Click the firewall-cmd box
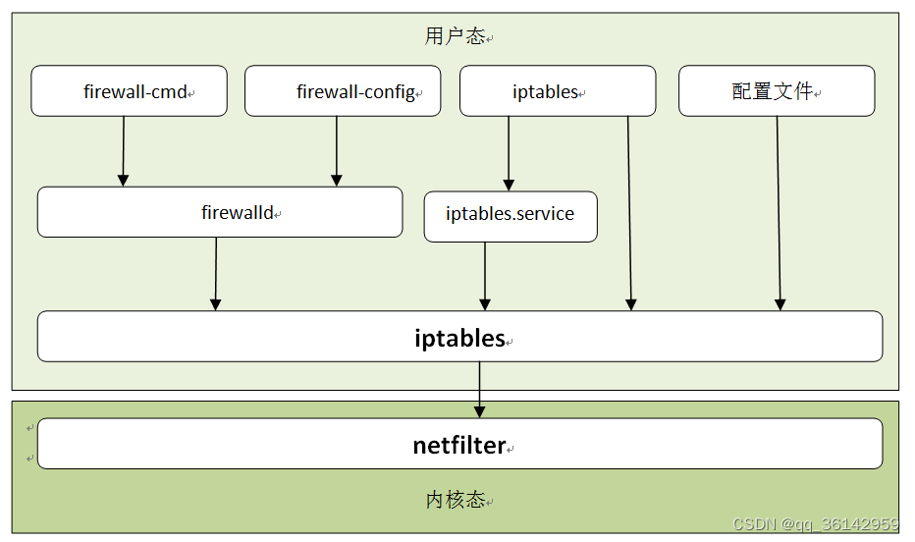(x=129, y=91)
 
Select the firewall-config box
(x=342, y=91)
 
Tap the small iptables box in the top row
(x=557, y=91)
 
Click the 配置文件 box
(x=776, y=91)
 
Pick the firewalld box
(x=219, y=212)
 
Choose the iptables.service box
(x=510, y=216)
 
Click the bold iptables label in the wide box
(x=459, y=338)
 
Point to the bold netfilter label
(x=458, y=445)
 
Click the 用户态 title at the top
(x=455, y=36)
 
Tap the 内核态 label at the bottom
(x=455, y=500)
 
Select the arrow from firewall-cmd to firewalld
(x=124, y=151)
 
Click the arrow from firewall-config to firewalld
(x=337, y=151)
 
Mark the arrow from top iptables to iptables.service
(x=509, y=153)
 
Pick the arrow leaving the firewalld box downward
(x=216, y=274)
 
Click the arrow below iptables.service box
(x=484, y=276)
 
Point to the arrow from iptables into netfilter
(x=479, y=389)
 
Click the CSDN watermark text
(x=816, y=524)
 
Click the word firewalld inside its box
(x=237, y=212)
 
